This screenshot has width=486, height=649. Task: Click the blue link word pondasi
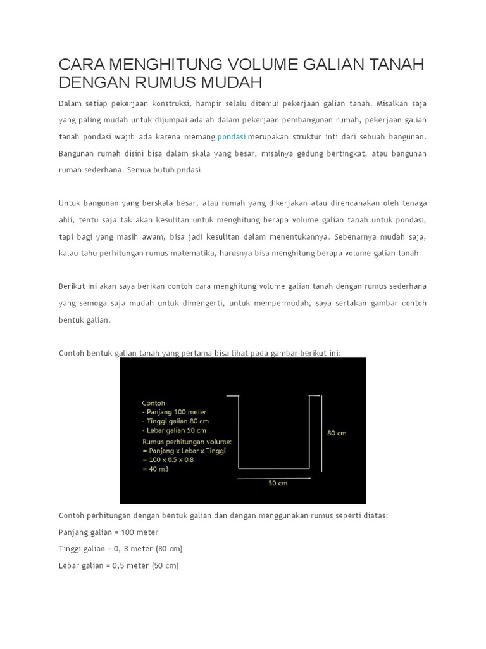click(231, 137)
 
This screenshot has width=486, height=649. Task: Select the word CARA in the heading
click(81, 65)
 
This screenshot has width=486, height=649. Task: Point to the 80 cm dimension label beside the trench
click(337, 434)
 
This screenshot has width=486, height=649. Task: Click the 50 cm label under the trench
click(278, 483)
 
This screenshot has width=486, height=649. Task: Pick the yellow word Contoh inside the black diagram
click(154, 402)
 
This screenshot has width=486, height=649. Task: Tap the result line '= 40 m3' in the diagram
click(156, 469)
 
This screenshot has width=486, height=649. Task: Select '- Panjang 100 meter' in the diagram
click(174, 412)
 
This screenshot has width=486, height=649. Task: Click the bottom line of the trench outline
click(274, 468)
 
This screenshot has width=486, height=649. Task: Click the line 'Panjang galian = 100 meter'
click(108, 532)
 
